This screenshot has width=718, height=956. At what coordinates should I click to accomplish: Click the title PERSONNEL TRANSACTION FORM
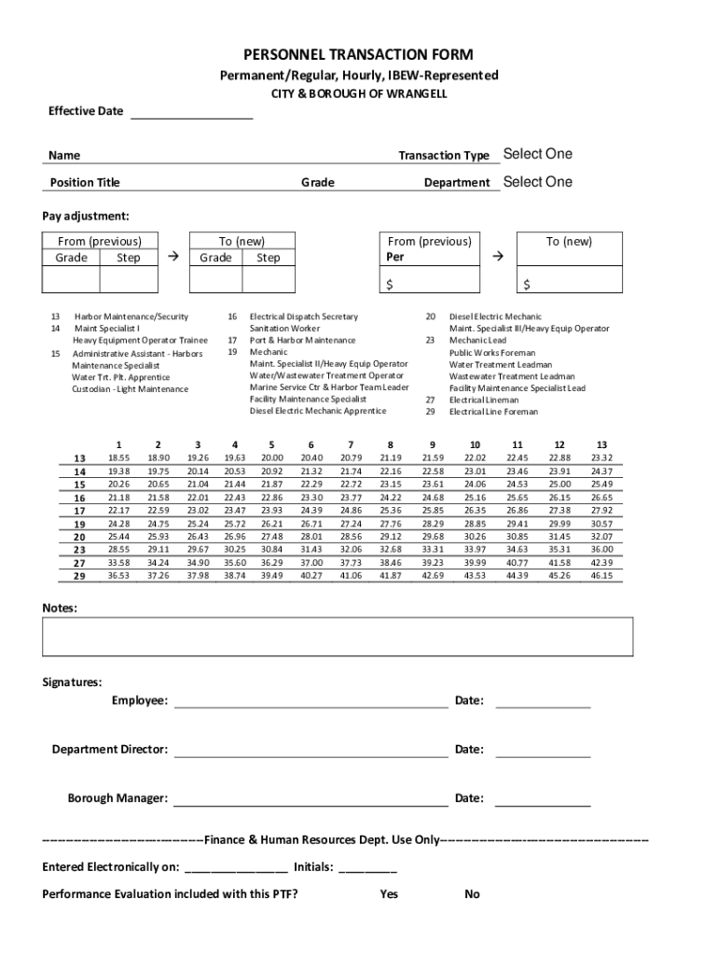tap(358, 55)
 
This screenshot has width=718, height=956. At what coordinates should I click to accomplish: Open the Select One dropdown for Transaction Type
tap(537, 154)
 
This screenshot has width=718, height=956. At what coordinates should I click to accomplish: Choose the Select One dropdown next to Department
tap(537, 182)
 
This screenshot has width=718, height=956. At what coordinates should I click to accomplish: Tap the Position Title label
tap(85, 183)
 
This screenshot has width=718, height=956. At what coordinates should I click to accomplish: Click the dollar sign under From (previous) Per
tap(392, 284)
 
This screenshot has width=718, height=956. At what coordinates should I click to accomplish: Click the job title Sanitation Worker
tap(284, 329)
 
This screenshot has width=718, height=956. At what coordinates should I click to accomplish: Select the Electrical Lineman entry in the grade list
tap(484, 400)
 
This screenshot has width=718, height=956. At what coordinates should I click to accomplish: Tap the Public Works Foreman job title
tap(492, 353)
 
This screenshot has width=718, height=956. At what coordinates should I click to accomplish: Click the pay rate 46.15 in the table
tap(601, 576)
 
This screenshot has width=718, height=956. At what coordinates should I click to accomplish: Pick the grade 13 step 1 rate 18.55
tap(118, 458)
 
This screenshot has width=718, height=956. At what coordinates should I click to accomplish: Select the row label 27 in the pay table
tap(79, 563)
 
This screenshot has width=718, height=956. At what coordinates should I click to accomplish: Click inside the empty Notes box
tap(338, 637)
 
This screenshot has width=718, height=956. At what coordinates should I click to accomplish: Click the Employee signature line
tap(311, 702)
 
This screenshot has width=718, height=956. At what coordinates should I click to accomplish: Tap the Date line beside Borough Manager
tap(542, 799)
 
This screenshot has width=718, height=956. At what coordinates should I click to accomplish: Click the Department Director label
tap(110, 750)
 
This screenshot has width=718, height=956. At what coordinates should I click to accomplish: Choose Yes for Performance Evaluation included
tap(389, 894)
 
